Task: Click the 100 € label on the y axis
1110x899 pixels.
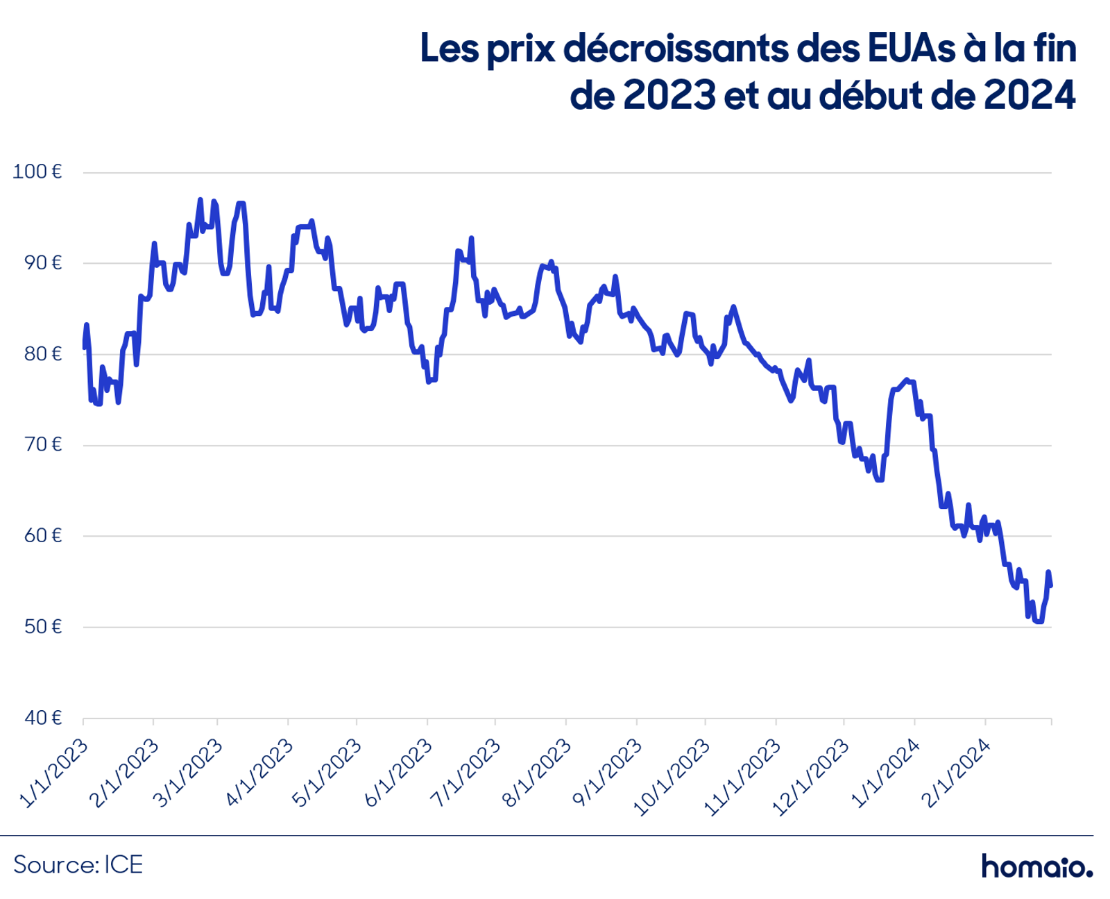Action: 37,171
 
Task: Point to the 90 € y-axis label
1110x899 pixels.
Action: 43,263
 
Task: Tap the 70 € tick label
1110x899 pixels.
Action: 43,445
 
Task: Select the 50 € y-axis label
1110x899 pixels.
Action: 43,627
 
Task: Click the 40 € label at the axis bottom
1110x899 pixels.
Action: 43,718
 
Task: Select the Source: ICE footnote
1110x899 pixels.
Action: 78,864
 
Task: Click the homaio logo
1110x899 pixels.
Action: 1037,865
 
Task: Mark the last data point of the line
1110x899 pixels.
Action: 1050,586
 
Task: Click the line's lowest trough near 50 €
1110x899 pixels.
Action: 1039,621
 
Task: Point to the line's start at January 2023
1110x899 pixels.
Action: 84,347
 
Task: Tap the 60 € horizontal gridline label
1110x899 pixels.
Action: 43,535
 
